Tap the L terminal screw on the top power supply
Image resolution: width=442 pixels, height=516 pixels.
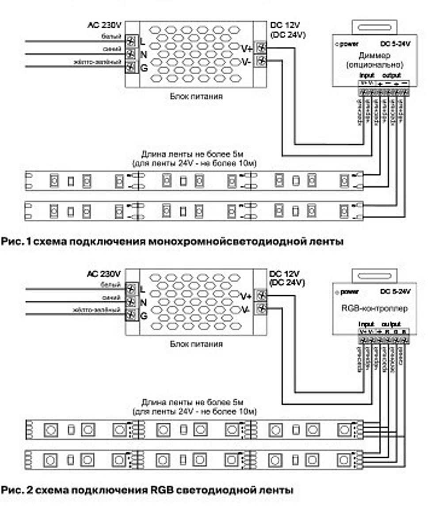click(x=131, y=42)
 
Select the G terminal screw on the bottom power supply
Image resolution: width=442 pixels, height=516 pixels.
click(x=131, y=316)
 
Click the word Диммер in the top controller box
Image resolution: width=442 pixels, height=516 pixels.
click(x=374, y=56)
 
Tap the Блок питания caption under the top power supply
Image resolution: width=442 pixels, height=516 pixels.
click(x=196, y=96)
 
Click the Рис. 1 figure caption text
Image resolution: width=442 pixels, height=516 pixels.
click(x=172, y=241)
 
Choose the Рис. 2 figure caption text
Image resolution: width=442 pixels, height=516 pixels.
click(x=147, y=490)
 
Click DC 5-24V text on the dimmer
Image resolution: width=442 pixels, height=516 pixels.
click(x=395, y=43)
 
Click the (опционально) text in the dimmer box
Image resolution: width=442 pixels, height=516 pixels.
click(x=374, y=65)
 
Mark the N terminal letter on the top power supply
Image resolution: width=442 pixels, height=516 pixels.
click(x=143, y=54)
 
